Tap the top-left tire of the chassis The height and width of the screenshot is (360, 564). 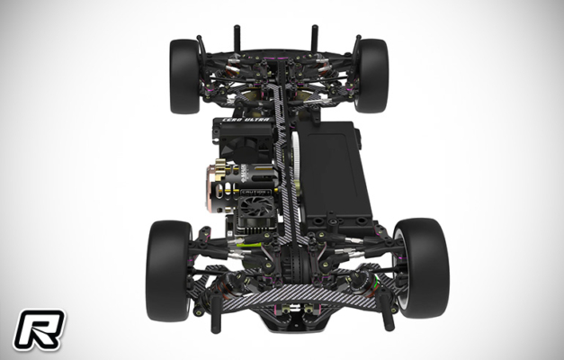coord(185,76)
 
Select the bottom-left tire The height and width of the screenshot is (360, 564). coord(168,268)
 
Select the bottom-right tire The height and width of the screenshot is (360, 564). coord(420,267)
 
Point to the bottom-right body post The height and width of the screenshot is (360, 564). coord(389,311)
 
